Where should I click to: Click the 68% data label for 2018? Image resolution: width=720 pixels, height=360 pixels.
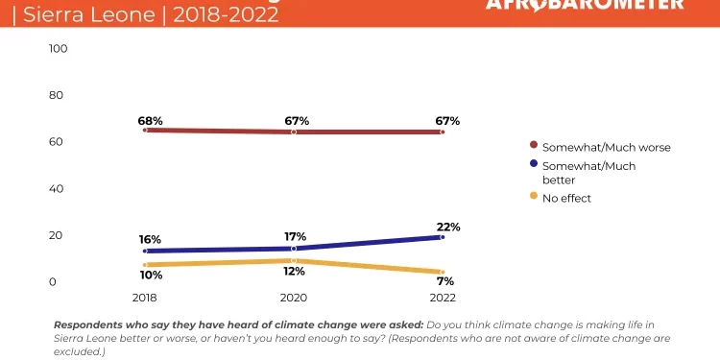151,122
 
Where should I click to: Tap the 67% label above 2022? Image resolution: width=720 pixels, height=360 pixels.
447,122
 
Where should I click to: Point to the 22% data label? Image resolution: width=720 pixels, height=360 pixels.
448,228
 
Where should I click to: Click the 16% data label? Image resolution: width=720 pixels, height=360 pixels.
149,239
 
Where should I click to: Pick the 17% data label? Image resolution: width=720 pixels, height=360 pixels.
295,236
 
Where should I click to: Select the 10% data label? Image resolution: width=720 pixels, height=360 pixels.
151,276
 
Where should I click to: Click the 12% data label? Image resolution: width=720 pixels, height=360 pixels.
295,273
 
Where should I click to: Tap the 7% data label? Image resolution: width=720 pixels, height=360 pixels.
444,281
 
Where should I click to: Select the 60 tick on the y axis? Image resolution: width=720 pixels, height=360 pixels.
56,142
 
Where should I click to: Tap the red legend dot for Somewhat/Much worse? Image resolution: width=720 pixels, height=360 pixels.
534,147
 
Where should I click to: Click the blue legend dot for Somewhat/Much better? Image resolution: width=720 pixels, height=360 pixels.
534,165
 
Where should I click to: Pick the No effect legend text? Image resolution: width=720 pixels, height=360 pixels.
566,198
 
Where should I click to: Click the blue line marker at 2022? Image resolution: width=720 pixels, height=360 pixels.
442,236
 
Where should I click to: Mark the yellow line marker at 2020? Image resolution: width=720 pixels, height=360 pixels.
295,260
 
